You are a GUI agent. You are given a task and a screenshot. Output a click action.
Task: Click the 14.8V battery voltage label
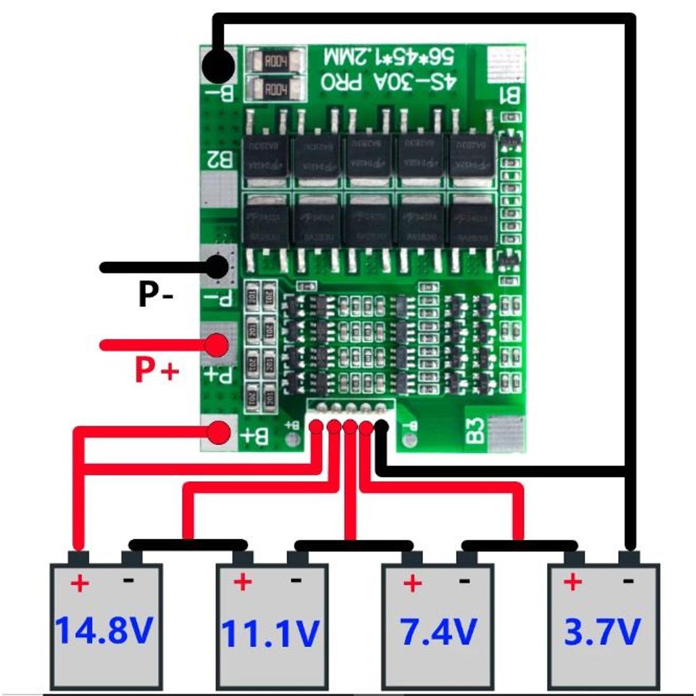click(104, 630)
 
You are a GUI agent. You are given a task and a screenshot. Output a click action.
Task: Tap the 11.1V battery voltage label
click(271, 633)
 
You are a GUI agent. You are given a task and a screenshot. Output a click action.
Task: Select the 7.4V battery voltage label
click(439, 632)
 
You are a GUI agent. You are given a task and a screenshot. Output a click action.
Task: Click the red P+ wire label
click(157, 369)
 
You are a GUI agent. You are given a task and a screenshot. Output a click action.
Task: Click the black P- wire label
click(155, 294)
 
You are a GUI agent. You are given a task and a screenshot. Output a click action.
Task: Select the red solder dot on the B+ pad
click(219, 433)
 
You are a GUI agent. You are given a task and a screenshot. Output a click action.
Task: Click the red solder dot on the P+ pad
click(217, 346)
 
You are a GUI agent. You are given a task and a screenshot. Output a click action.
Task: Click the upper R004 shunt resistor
click(275, 61)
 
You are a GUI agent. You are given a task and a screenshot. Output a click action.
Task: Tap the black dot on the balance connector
click(381, 426)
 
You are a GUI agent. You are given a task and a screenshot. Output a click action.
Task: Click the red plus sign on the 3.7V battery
click(572, 581)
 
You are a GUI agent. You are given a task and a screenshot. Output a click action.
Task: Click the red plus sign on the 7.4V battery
click(412, 582)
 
